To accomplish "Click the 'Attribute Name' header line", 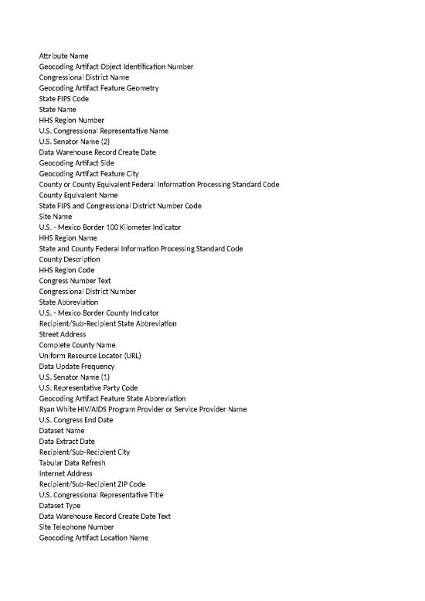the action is click(63, 56).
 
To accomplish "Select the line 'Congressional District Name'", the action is click(83, 78).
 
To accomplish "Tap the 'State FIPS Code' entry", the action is click(63, 100).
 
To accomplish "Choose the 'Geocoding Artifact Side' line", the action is click(77, 163).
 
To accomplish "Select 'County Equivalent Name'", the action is click(78, 196).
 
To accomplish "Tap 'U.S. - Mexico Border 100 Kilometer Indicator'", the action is click(110, 227).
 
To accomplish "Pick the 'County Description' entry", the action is click(70, 260).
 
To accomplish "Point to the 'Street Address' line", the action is click(64, 334).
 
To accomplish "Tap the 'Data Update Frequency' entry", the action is click(76, 366).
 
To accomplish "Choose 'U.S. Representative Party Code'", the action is click(88, 388).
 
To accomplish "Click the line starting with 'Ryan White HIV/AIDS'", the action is click(143, 409).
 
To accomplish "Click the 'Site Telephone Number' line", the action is click(76, 527).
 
